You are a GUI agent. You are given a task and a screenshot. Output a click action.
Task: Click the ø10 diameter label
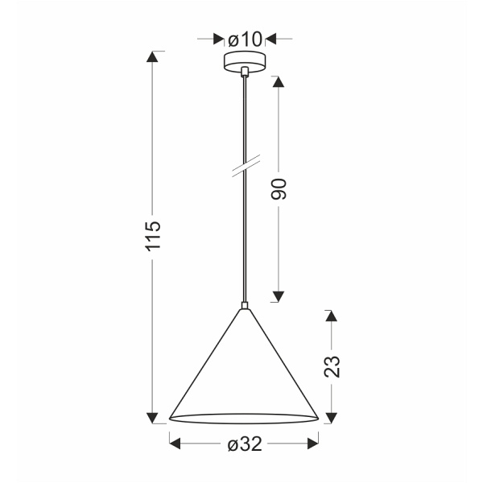(x=245, y=38)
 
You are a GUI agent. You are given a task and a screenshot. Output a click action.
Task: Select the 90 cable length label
(x=279, y=189)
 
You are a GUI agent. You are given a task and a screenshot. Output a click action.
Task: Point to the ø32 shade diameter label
(x=244, y=444)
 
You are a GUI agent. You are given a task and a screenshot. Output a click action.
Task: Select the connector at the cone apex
(x=244, y=306)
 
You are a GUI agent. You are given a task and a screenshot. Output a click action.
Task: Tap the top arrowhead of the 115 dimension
(x=154, y=58)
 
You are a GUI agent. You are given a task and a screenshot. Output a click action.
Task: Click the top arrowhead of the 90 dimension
(x=279, y=82)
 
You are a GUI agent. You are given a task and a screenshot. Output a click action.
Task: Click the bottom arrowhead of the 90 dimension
(x=279, y=295)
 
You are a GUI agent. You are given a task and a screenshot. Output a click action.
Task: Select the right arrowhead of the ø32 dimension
(x=313, y=444)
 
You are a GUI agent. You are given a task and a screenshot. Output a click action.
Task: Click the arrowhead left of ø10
(x=217, y=38)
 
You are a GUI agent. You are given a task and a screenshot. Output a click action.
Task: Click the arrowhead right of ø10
(x=271, y=38)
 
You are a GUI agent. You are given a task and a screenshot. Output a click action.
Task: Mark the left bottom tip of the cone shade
(x=170, y=419)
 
